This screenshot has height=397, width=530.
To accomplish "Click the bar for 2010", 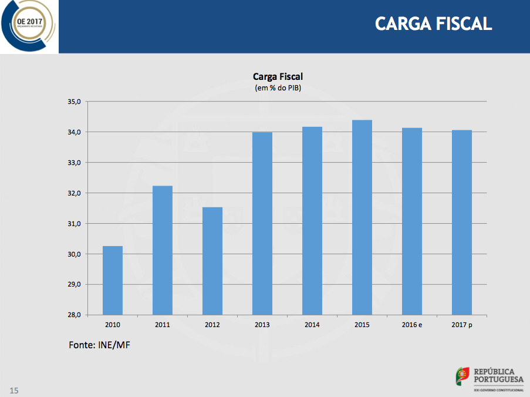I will tap(113, 280).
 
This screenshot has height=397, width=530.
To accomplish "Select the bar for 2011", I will tap(163, 250).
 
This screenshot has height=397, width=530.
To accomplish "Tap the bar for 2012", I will tap(212, 261).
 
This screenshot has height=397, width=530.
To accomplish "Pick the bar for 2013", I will tap(262, 223).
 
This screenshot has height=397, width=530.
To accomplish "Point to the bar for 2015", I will tap(362, 217).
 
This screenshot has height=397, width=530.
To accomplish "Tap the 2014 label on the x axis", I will tap(312, 325).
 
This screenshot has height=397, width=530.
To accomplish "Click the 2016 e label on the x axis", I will tap(412, 325).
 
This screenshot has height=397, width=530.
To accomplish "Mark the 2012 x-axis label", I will tap(212, 325).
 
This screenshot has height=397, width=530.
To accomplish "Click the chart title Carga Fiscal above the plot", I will tap(278, 76).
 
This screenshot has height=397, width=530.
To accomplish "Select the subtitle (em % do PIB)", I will tap(278, 88).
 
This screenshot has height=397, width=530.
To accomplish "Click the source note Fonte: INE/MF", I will tap(99, 345).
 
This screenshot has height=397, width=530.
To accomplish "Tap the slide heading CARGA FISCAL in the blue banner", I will tap(433, 23).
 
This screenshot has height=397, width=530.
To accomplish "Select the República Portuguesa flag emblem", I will tap(463, 376).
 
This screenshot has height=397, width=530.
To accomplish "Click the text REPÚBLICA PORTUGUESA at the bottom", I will tap(498, 375).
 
